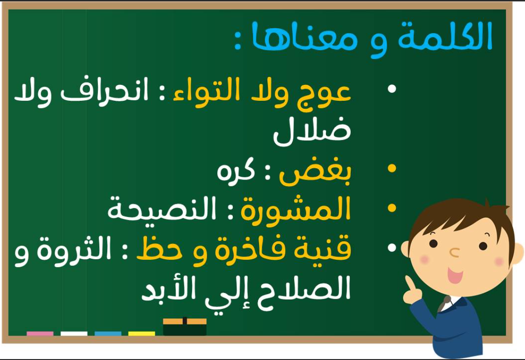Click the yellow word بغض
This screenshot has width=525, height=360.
(x=315, y=173)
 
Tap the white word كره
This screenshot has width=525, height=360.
(x=236, y=171)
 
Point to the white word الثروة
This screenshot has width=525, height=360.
(x=74, y=248)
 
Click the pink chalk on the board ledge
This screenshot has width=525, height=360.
(x=40, y=333)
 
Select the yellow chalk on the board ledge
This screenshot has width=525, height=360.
(x=141, y=333)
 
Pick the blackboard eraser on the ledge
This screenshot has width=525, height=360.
(x=185, y=326)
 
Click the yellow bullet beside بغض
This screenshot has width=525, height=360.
(x=392, y=168)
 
